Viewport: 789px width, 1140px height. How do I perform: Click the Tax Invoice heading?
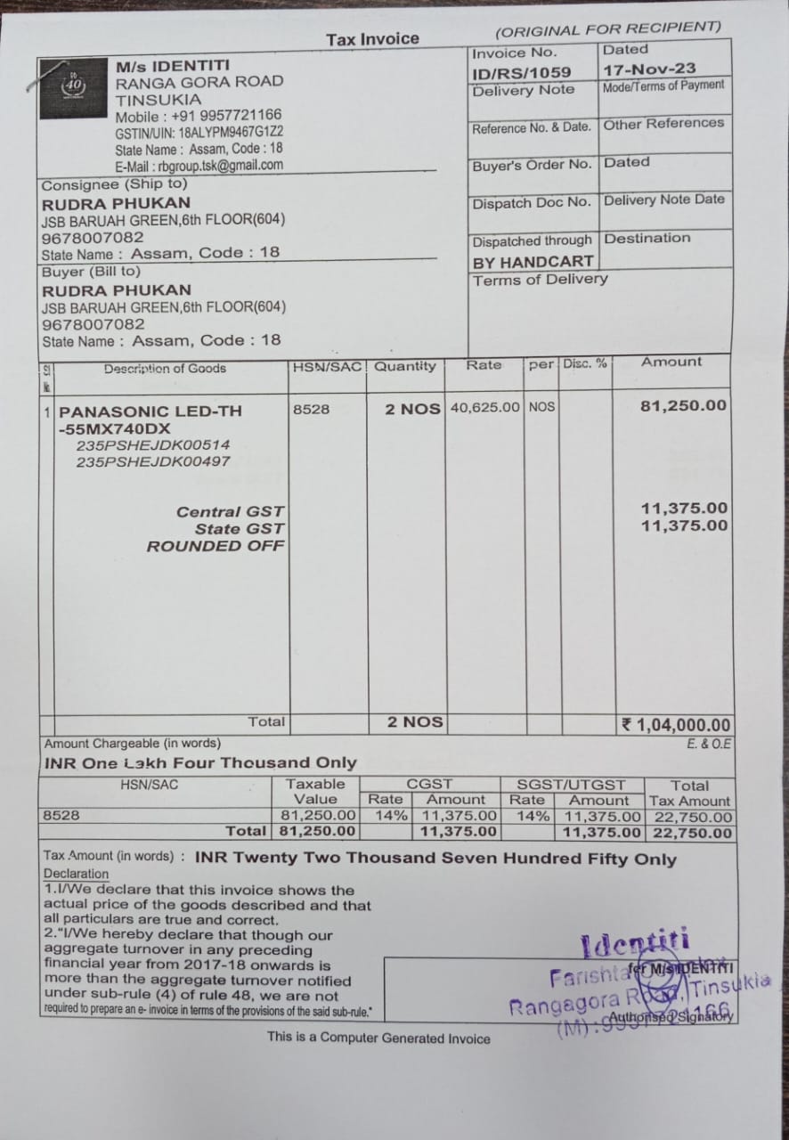coord(372,39)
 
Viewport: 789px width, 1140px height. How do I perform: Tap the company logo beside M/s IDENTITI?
coord(74,86)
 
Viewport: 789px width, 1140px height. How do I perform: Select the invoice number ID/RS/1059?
coord(522,72)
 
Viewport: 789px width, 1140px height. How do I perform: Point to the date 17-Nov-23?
coord(649,69)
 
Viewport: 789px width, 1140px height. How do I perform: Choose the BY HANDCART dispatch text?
coord(533,263)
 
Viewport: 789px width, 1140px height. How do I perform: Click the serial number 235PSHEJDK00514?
coord(153,444)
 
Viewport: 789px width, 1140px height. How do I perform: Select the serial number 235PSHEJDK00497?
coord(153,461)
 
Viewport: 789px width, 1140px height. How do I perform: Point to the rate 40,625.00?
coord(485,407)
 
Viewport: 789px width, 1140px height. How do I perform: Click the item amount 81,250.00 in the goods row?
coord(683,406)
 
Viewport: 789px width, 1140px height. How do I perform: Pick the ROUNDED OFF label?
coord(216,546)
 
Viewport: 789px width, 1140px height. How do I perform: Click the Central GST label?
coord(231,511)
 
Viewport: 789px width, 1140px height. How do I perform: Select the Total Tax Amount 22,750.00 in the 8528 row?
coord(692,817)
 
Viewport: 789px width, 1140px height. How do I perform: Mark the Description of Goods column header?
coord(165,369)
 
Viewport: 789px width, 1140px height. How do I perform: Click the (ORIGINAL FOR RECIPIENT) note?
coord(608,29)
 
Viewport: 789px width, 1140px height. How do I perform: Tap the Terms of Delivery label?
coord(540,280)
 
